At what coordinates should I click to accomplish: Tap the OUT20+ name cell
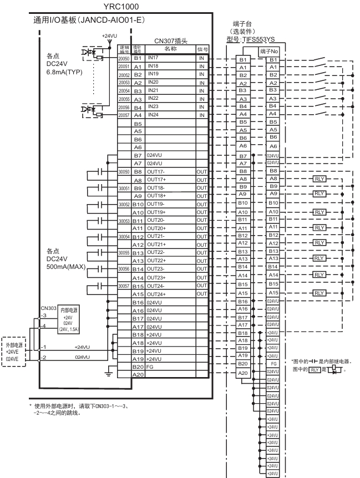tap(157, 228)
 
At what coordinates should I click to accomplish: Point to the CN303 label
tap(48, 307)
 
